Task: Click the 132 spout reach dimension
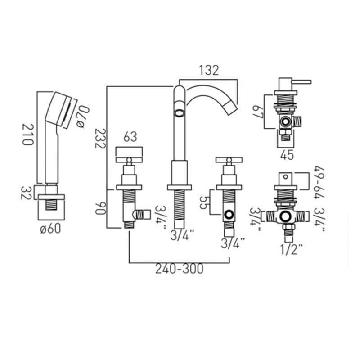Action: (x=208, y=70)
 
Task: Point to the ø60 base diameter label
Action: (x=50, y=228)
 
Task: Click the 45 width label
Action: (x=287, y=155)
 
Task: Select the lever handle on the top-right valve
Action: (x=297, y=82)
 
